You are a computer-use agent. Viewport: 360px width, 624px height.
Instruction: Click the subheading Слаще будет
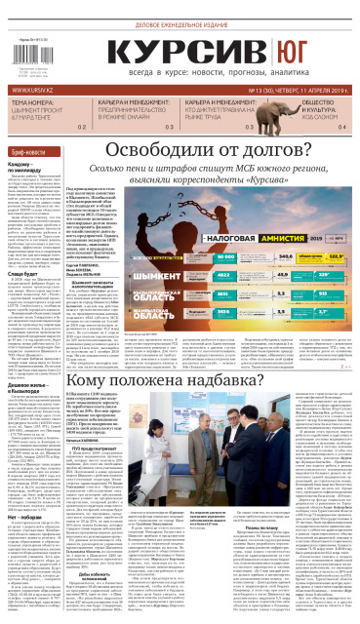[25, 275]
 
